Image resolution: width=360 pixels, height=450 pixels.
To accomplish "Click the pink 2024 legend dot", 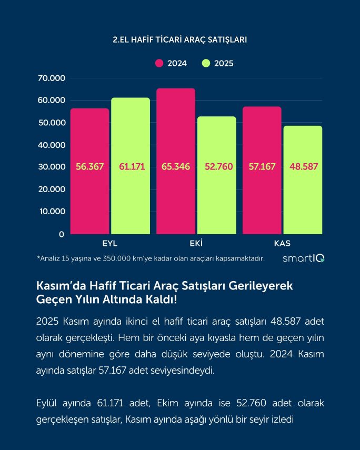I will (159, 63).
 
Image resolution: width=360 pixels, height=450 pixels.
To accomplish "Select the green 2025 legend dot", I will (206, 63).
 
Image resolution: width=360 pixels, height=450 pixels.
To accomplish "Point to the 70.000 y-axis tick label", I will (51, 78).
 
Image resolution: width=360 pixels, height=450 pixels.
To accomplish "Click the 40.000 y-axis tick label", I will (51, 145).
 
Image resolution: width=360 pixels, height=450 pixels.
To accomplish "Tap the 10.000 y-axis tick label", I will (51, 212).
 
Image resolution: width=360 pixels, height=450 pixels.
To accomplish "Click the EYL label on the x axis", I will (109, 243).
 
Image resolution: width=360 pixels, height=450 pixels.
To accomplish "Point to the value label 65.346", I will (176, 167).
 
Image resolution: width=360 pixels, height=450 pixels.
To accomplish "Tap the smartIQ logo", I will (304, 258).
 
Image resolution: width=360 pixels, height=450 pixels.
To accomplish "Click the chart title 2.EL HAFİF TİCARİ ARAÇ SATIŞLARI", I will (180, 39).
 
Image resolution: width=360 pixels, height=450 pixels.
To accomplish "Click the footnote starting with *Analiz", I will (151, 258).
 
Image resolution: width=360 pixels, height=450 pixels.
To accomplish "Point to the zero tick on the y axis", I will (62, 234).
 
